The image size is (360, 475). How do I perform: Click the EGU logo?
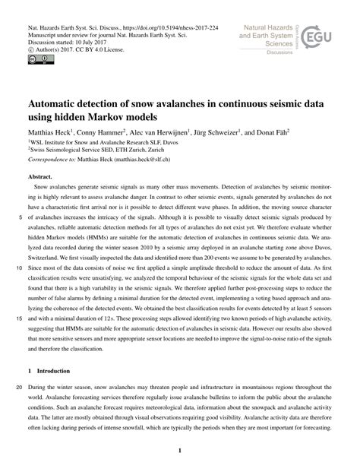click(320, 36)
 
